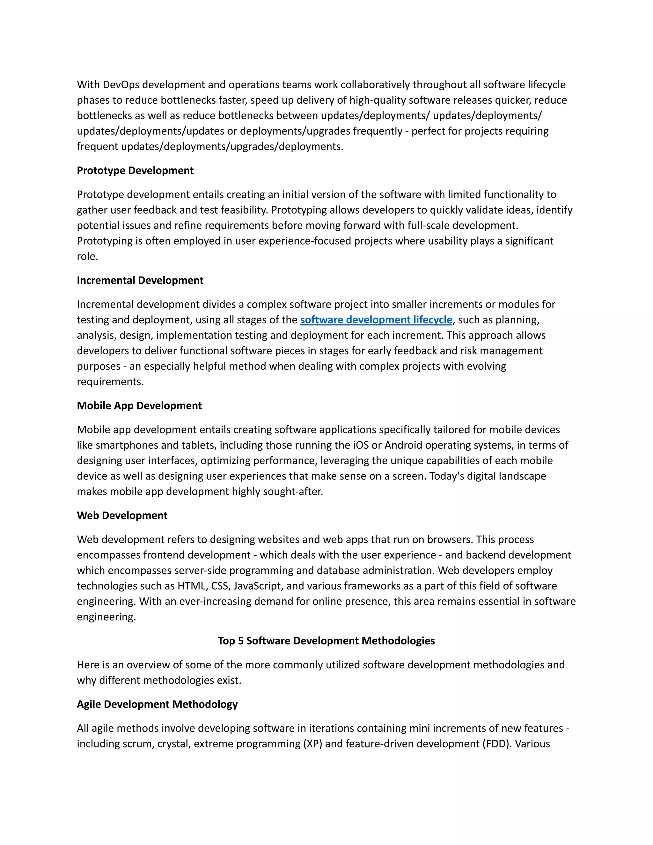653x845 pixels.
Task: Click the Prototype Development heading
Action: [135, 171]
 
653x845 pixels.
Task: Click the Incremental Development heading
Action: [140, 281]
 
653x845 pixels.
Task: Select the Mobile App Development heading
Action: [139, 406]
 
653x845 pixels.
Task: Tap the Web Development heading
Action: [122, 516]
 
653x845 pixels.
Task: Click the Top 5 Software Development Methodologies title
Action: [326, 641]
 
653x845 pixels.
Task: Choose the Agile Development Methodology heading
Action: [157, 705]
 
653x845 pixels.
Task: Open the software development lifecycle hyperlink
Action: [376, 320]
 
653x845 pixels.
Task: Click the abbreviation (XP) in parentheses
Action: [313, 744]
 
